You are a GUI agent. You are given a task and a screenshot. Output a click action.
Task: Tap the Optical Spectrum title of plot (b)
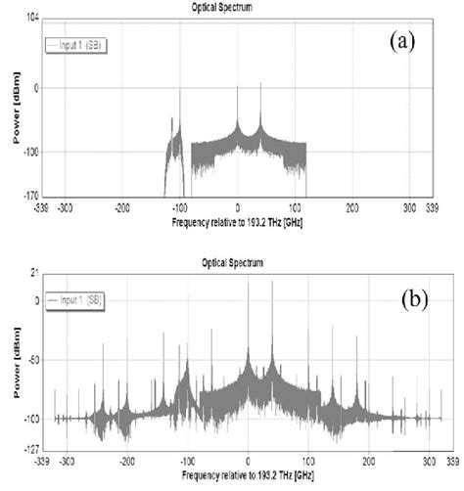pos(233,262)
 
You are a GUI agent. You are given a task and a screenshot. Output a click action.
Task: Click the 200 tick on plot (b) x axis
pos(368,460)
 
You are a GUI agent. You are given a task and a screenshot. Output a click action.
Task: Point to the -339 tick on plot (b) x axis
pos(42,460)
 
